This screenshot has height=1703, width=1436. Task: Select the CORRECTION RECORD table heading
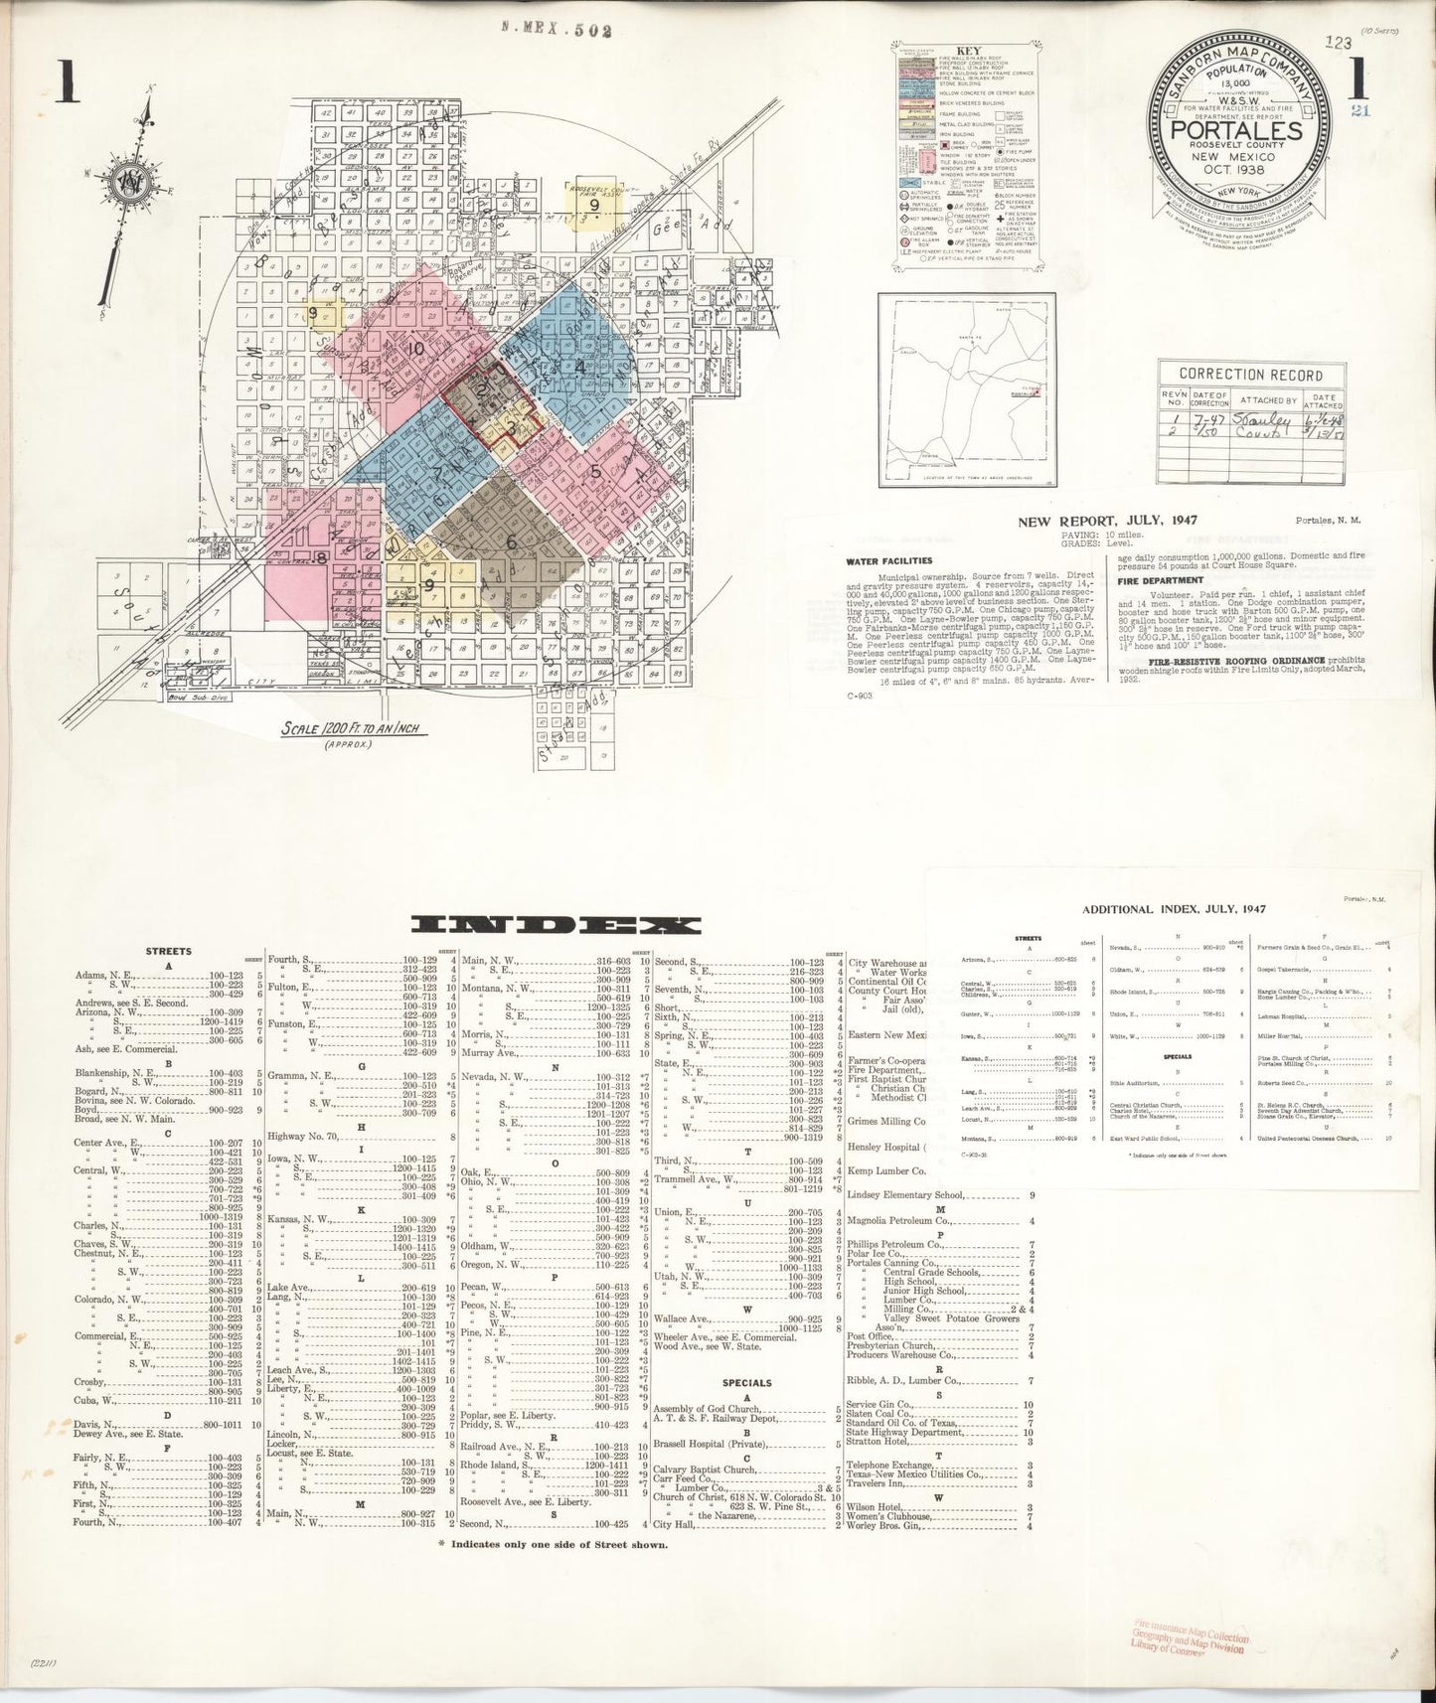point(1250,375)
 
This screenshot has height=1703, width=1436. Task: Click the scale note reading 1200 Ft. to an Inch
point(353,729)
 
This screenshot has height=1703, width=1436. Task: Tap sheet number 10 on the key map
point(416,349)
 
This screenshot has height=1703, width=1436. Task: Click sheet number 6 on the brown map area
point(512,542)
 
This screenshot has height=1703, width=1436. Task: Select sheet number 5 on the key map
point(595,473)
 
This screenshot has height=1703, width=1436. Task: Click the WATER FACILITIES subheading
point(888,560)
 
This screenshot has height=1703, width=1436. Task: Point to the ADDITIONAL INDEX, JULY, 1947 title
point(1173,908)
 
